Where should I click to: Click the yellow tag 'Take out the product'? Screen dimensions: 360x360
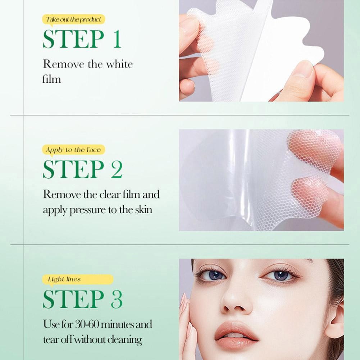[73, 19]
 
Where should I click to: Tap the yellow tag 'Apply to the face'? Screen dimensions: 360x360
[73, 150]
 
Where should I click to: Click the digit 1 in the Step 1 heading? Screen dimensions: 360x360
[117, 40]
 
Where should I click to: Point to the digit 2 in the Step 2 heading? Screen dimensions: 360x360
[117, 170]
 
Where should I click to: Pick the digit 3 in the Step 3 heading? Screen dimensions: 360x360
[117, 299]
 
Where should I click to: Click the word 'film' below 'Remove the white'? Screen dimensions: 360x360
[52, 79]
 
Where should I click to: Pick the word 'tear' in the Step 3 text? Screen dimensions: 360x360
[50, 339]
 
